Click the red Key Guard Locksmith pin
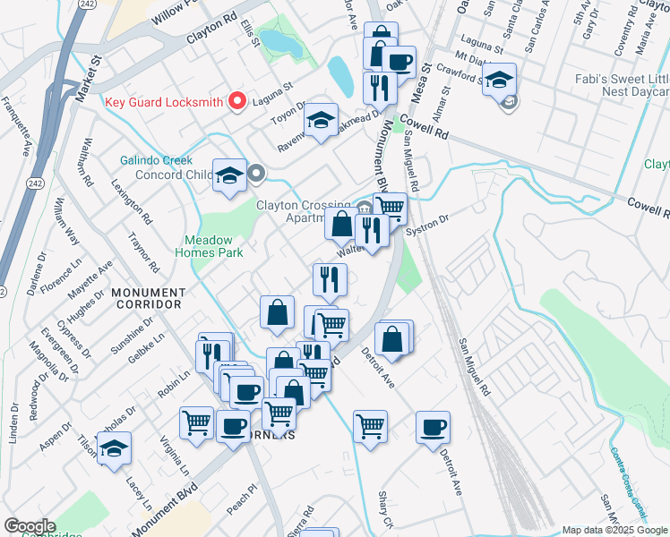(x=237, y=101)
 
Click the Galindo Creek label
(x=157, y=160)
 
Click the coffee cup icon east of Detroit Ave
(x=433, y=426)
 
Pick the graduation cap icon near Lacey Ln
(x=114, y=448)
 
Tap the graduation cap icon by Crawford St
(x=500, y=79)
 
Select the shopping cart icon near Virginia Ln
(x=196, y=422)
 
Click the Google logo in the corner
(x=29, y=526)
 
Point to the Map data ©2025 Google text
(x=614, y=530)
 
